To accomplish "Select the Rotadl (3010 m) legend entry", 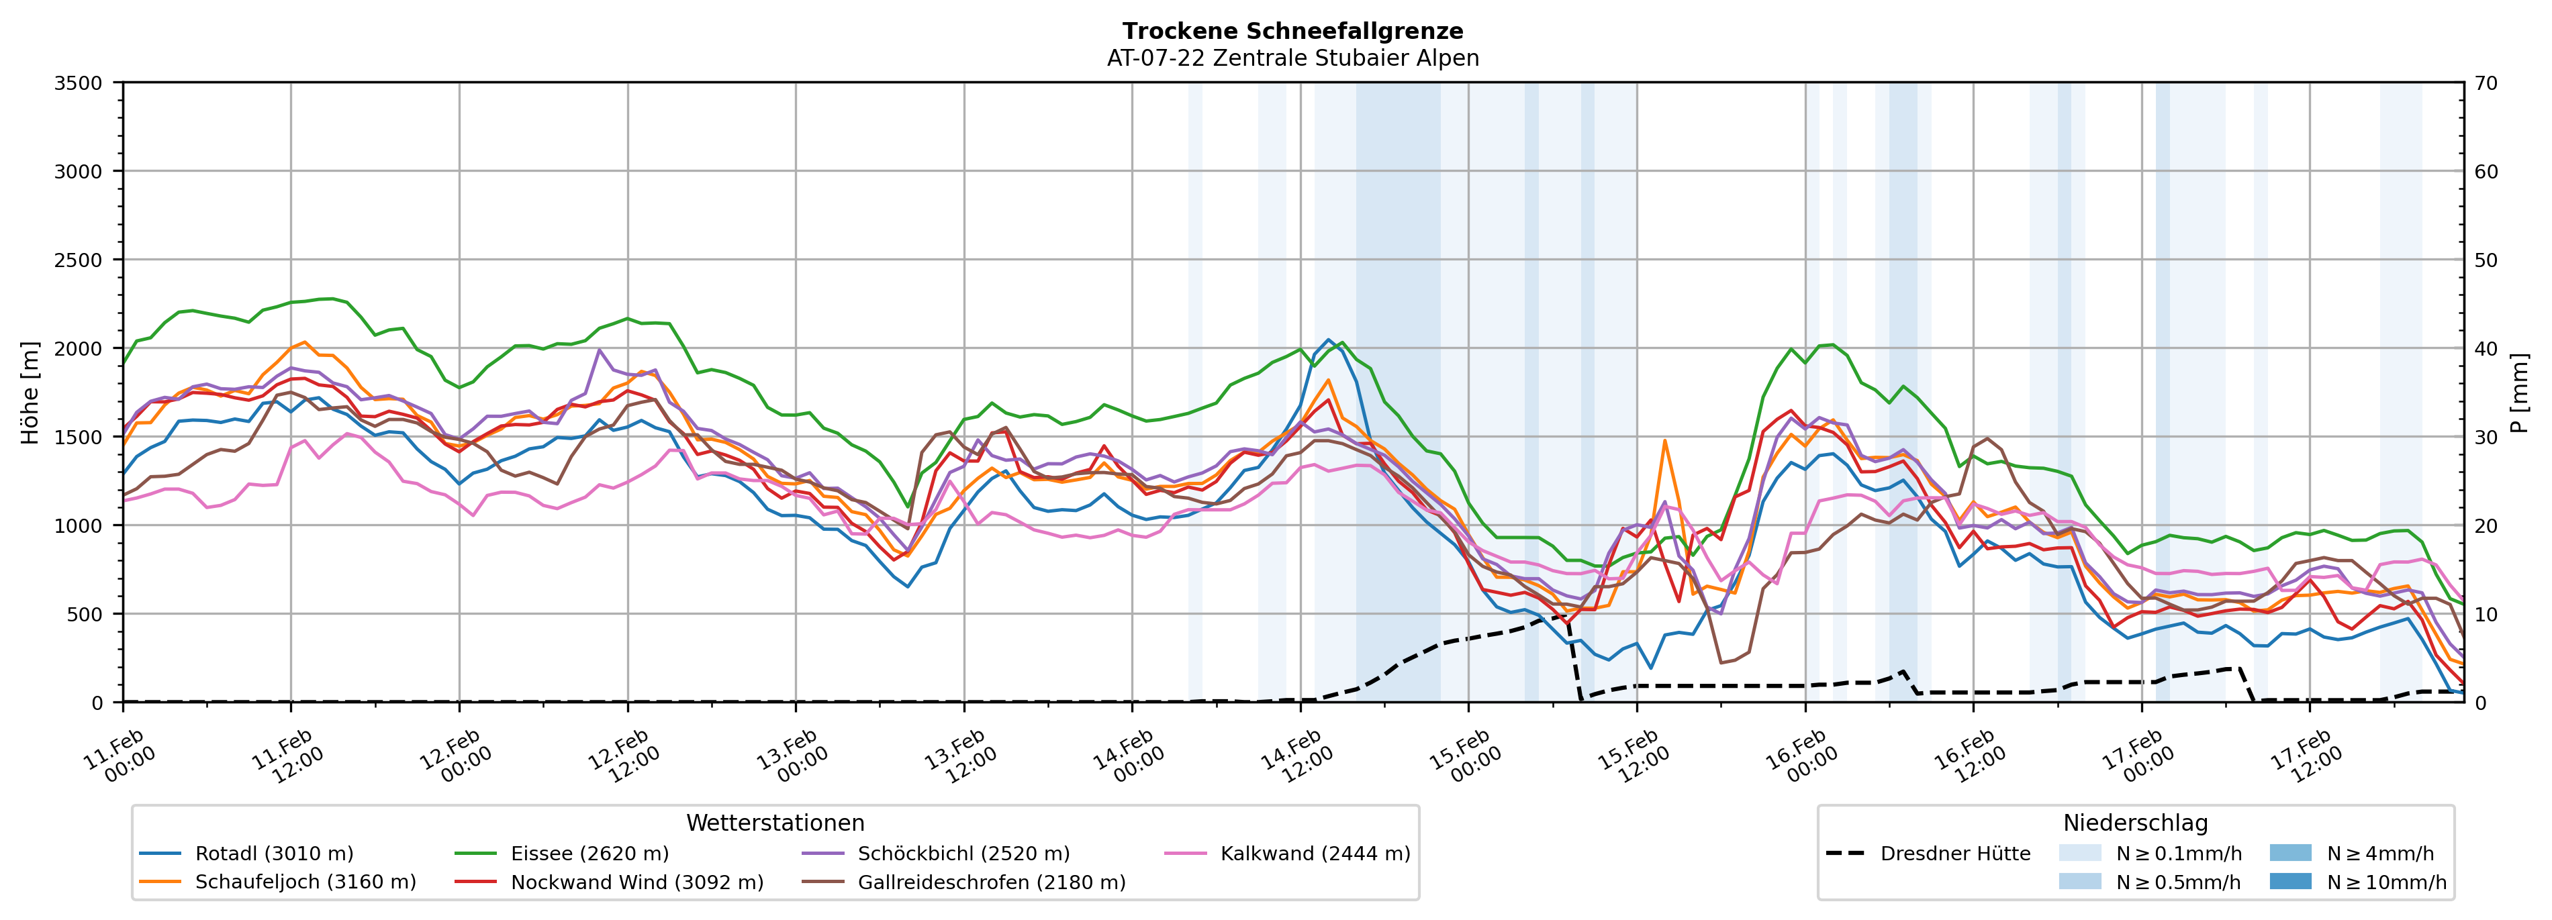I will tap(273, 854).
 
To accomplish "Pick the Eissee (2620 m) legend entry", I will tap(589, 854).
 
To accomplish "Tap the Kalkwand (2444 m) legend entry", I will tap(1315, 854).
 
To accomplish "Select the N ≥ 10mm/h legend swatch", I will tap(2289, 881).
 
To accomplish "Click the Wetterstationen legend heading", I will tap(775, 823).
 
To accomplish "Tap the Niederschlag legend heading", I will tap(2135, 823).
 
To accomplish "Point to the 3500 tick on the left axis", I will tap(79, 83).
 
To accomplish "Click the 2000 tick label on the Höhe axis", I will tap(79, 348).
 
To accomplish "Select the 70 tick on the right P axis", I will tap(2486, 83).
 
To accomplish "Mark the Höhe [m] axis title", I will tap(31, 392).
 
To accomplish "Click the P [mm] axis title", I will tap(2519, 392).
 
